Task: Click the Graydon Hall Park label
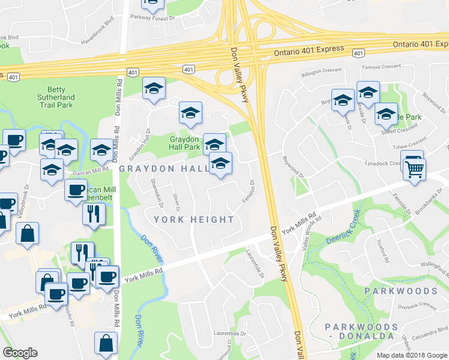click(x=183, y=142)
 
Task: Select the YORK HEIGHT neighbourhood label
click(x=193, y=220)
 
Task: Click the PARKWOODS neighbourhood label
click(x=400, y=291)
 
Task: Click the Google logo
click(x=20, y=352)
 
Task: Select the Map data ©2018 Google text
click(x=412, y=355)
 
